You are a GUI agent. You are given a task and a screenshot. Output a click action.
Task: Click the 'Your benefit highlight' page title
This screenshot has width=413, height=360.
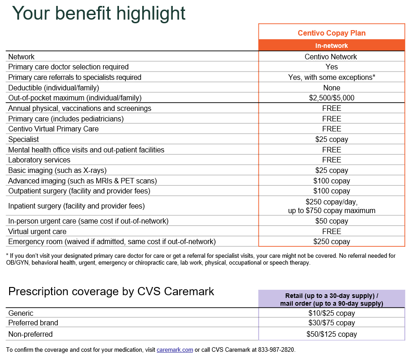click(x=98, y=13)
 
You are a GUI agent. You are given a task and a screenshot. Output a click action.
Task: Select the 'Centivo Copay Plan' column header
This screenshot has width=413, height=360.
click(x=331, y=33)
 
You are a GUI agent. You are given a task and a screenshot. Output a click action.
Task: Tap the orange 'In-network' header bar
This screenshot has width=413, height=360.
click(x=331, y=46)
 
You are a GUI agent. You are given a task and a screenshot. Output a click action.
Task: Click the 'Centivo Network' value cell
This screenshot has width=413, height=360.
click(x=331, y=57)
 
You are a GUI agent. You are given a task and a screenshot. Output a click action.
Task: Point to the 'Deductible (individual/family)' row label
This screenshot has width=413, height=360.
click(x=54, y=88)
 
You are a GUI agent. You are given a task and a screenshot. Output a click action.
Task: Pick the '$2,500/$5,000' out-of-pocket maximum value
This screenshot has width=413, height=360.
click(x=331, y=98)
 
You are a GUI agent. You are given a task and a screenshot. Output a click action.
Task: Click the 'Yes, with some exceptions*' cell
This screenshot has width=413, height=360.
click(x=331, y=77)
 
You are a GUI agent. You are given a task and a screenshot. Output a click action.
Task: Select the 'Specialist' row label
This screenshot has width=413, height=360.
click(x=24, y=139)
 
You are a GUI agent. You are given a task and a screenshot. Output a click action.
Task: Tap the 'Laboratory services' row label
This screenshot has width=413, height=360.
click(x=39, y=160)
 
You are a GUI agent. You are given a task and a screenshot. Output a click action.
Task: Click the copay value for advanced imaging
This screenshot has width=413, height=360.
click(x=331, y=181)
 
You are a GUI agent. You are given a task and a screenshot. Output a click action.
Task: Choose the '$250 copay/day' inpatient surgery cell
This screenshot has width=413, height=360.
click(x=331, y=206)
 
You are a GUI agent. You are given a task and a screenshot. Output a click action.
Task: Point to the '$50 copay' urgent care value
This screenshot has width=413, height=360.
click(x=331, y=221)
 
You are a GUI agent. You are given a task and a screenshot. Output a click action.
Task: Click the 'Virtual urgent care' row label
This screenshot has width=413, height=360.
click(x=37, y=231)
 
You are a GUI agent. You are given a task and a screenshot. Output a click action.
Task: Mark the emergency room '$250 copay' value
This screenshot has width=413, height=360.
click(x=331, y=241)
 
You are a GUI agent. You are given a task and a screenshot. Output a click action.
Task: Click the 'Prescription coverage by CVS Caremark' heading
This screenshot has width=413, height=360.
click(x=111, y=292)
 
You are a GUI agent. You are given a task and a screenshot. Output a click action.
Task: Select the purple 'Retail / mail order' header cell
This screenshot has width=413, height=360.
click(x=331, y=299)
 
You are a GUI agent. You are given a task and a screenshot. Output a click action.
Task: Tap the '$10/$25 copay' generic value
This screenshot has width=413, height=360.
click(x=331, y=313)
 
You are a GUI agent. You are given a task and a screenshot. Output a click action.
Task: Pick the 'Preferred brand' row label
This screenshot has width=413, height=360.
click(x=33, y=323)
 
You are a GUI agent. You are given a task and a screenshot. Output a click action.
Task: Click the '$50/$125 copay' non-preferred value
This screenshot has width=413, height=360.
click(x=331, y=334)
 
